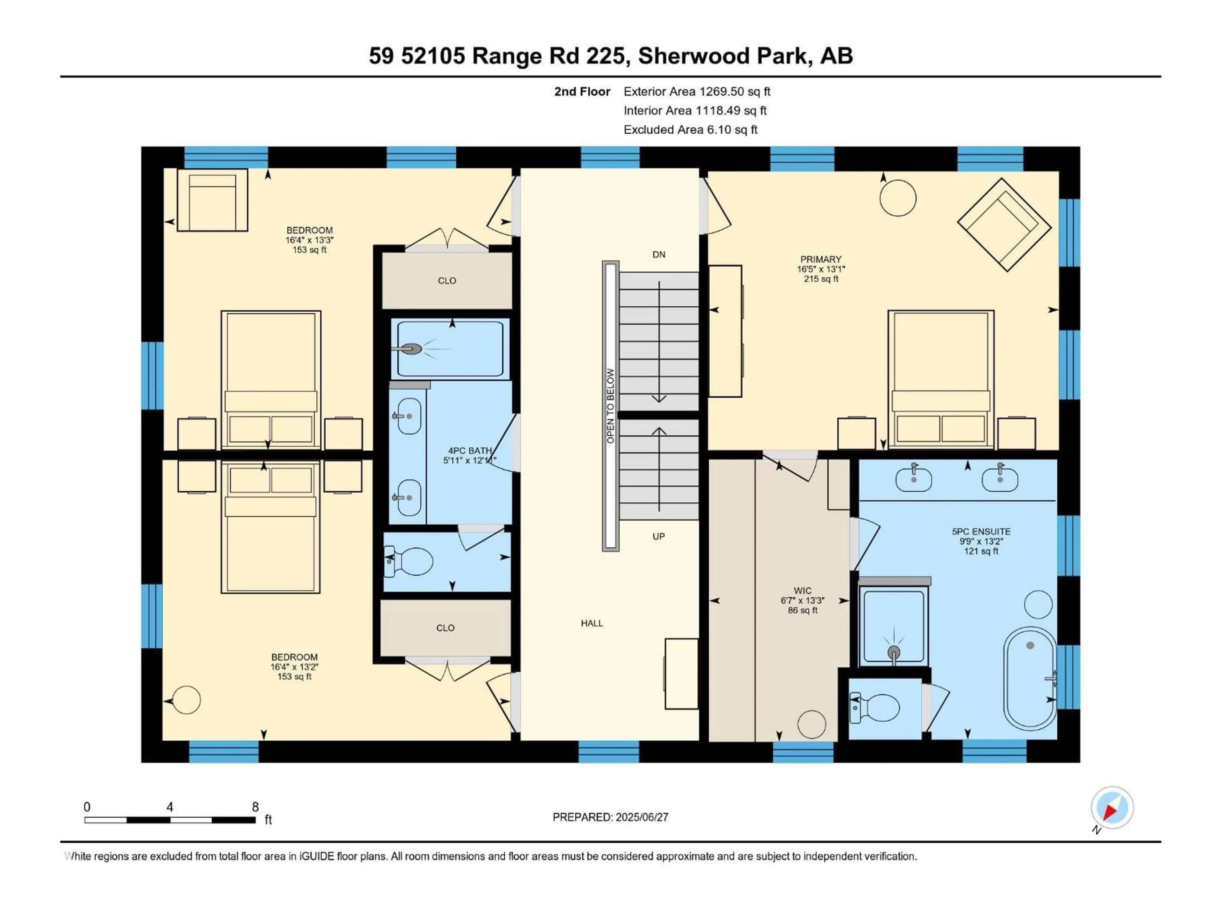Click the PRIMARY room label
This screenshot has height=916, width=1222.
(820, 259)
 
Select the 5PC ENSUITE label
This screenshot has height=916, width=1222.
(980, 531)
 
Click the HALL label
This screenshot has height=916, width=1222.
(592, 623)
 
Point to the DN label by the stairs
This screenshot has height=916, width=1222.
(658, 254)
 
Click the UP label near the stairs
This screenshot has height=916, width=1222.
(658, 536)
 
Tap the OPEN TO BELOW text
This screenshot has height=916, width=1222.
(610, 406)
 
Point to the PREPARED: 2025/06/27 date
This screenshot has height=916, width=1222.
(610, 817)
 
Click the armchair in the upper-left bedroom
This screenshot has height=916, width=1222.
(212, 200)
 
